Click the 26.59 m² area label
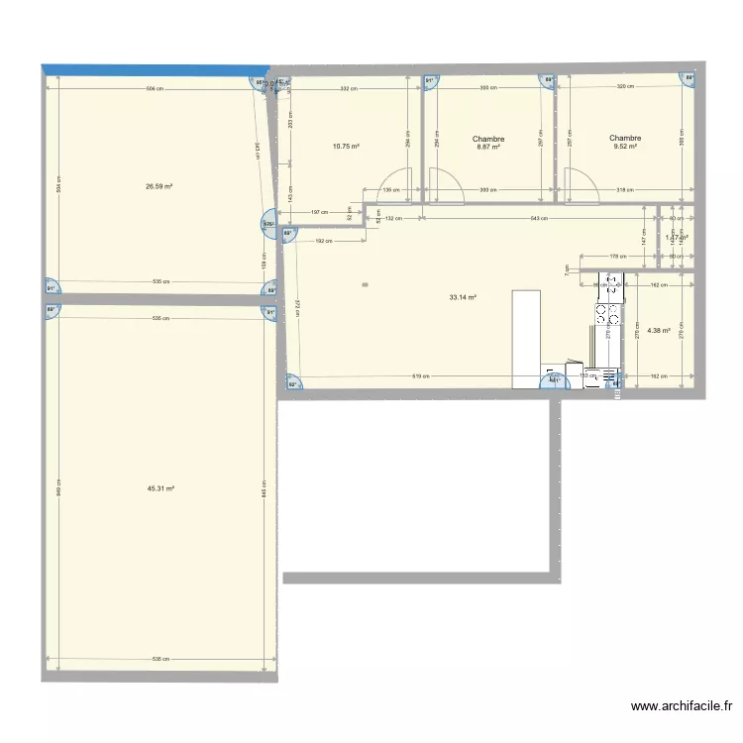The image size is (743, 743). pyautogui.click(x=159, y=186)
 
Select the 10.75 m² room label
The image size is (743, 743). pyautogui.click(x=346, y=146)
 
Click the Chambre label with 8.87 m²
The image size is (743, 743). pyautogui.click(x=488, y=143)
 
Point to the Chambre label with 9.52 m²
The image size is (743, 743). pyautogui.click(x=625, y=143)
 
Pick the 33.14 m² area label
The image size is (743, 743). pyautogui.click(x=464, y=297)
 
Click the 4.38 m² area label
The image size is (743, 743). pyautogui.click(x=659, y=331)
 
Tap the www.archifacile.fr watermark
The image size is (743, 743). pyautogui.click(x=681, y=706)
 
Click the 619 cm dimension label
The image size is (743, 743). pyautogui.click(x=419, y=376)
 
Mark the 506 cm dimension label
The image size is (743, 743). pyautogui.click(x=154, y=89)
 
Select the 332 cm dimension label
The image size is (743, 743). pyautogui.click(x=347, y=89)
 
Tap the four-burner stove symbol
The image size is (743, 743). pyautogui.click(x=602, y=314)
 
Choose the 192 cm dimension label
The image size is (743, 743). pyautogui.click(x=322, y=241)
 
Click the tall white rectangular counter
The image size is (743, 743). pyautogui.click(x=526, y=339)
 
